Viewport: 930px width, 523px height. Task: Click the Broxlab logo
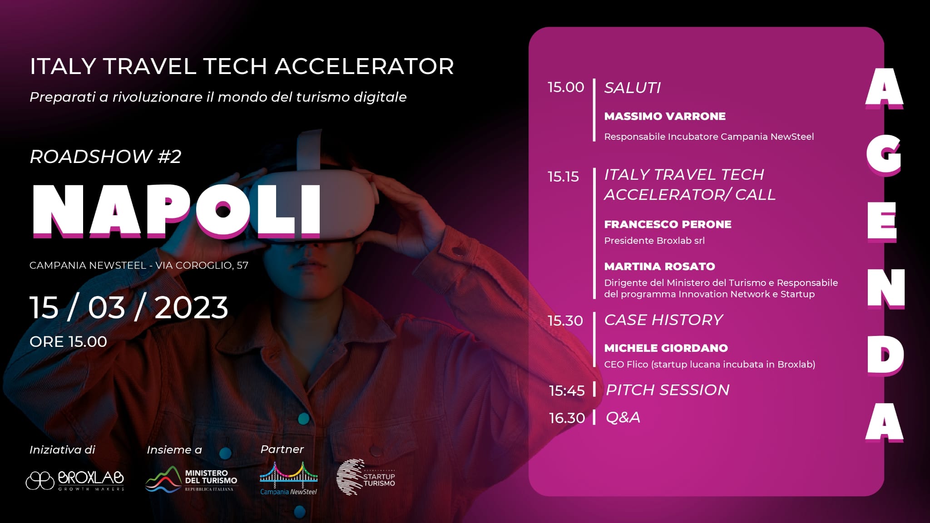(75, 480)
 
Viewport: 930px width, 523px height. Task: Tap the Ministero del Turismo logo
(191, 480)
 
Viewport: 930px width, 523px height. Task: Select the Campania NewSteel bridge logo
(289, 478)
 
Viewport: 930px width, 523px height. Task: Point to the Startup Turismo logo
(366, 477)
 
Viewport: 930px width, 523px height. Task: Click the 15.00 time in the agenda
(566, 87)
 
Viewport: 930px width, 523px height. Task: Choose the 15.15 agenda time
(563, 177)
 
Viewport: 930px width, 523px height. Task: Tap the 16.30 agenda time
(567, 418)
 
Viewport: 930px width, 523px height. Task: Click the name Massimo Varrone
(665, 116)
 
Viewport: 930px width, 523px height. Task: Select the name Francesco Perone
(668, 224)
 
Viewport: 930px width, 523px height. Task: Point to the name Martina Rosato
(659, 266)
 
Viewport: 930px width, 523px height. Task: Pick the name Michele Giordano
(666, 348)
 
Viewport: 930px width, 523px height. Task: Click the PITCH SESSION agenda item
(668, 390)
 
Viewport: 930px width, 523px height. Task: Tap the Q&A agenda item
(623, 417)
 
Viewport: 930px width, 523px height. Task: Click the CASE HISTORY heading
(663, 320)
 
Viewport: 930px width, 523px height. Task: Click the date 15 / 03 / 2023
(129, 307)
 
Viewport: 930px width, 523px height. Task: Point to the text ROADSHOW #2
(105, 157)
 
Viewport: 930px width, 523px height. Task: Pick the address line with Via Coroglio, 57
(139, 265)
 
